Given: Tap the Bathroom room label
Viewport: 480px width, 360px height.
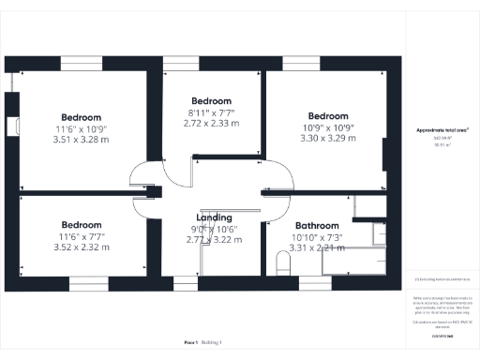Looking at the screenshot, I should [316, 226].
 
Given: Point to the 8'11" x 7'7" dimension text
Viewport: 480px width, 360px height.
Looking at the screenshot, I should [211, 112].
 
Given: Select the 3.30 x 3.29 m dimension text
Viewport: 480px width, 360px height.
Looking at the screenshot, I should [327, 138].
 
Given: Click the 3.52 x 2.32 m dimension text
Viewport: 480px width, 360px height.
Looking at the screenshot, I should [82, 247].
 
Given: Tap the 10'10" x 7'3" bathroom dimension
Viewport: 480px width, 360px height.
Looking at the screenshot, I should [316, 237].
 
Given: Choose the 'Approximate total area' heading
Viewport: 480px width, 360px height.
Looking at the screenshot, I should [442, 131].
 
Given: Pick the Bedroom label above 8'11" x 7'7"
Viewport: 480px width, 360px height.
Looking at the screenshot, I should [211, 101].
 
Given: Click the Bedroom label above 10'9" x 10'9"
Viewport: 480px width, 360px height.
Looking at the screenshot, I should [327, 116].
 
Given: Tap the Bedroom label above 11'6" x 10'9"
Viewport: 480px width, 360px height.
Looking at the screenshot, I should [82, 117].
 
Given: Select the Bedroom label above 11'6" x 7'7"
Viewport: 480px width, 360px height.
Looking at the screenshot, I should [82, 225].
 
